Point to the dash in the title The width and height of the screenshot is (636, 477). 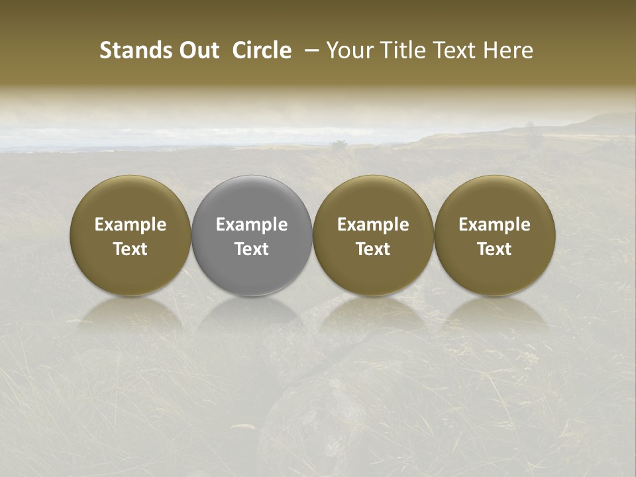(309, 50)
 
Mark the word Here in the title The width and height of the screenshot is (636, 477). (508, 50)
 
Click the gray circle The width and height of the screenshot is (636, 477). (252, 235)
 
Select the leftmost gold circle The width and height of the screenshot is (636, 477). (131, 235)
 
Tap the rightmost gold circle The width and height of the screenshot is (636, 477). (495, 235)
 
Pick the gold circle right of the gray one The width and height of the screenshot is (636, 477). (373, 235)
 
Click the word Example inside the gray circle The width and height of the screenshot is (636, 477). (252, 225)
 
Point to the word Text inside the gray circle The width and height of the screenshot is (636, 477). (252, 249)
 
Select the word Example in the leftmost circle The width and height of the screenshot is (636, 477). (131, 225)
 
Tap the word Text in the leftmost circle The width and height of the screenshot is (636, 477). (131, 249)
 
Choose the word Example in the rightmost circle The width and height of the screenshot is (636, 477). (495, 225)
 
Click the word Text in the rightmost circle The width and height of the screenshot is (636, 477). (495, 249)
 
